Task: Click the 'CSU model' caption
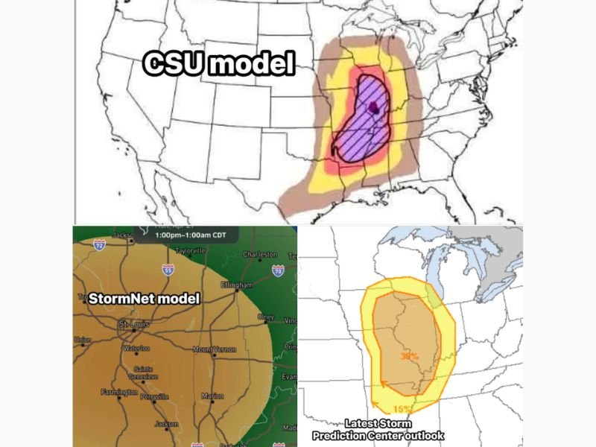[218, 65]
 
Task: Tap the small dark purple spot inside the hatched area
[375, 110]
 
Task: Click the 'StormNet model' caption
[144, 299]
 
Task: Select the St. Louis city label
[133, 324]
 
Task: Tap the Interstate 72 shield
[99, 244]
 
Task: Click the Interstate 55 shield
[168, 270]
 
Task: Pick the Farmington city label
[118, 392]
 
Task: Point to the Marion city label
[212, 396]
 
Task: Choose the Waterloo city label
[136, 348]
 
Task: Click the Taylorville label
[189, 251]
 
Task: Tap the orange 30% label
[410, 356]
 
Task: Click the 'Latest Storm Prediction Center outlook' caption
[388, 429]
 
